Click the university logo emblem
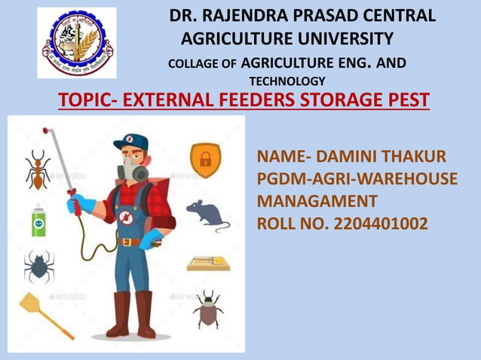77,43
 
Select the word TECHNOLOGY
287,81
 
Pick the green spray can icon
38,220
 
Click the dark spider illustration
38,266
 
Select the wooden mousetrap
208,264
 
